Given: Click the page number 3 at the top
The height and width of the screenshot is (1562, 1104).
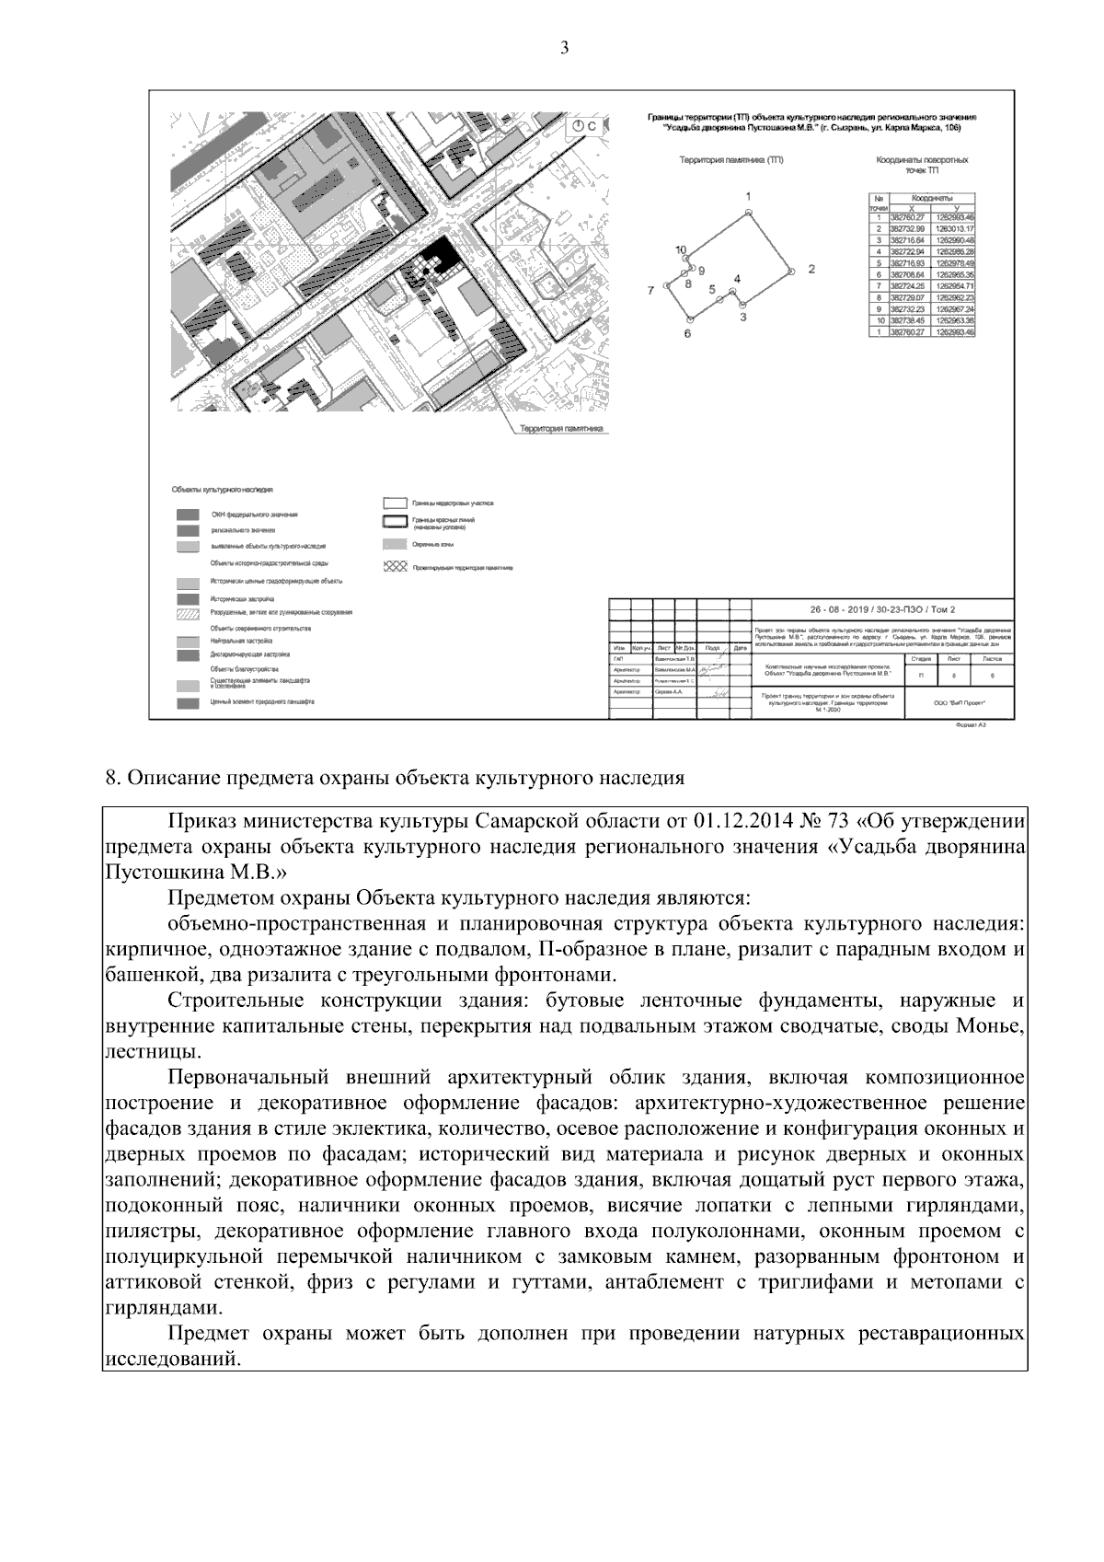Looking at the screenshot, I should [564, 48].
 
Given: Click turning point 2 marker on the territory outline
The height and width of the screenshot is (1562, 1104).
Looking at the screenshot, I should [791, 271].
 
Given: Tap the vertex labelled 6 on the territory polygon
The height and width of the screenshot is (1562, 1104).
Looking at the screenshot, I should [688, 319].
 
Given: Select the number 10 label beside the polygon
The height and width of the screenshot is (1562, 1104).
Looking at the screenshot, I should [681, 249].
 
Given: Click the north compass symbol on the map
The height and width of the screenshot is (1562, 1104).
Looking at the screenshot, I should [579, 126].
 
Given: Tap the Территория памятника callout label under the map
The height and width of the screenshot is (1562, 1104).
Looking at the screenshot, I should [560, 429].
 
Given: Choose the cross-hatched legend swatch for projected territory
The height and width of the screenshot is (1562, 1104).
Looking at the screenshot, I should [395, 567].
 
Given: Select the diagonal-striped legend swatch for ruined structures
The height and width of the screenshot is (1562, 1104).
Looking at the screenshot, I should [188, 613].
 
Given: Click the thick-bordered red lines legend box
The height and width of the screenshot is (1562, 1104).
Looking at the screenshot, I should [395, 523].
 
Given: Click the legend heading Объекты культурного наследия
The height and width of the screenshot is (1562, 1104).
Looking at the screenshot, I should [222, 490].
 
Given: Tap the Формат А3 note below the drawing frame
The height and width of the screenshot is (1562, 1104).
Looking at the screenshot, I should [971, 725].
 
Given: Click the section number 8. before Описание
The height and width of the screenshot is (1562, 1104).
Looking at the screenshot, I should [113, 778].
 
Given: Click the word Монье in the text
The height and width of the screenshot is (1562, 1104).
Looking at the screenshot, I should [990, 1025].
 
